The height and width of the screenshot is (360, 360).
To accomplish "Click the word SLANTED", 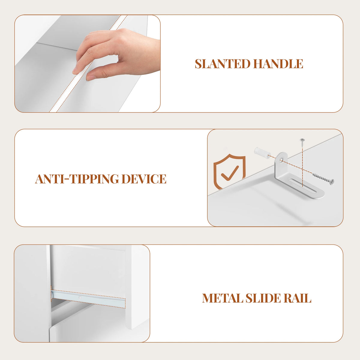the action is pos(223,64).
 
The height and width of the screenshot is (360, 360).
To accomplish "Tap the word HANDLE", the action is pos(278,64).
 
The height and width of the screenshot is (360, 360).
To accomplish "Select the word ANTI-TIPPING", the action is pos(77,179).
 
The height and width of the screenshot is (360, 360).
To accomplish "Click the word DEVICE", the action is pos(144,179).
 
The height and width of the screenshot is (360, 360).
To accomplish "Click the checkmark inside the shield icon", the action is pos(230,173).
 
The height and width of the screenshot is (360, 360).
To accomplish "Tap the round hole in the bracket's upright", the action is pos(281,160).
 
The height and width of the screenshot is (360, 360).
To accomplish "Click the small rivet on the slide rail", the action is pos(80,297).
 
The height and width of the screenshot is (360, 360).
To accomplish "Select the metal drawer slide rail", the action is pos(88,299).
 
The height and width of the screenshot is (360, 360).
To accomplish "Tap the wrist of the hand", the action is pos(153,54).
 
